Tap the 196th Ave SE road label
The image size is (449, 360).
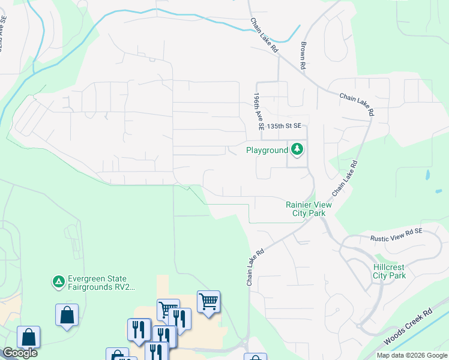(259, 112)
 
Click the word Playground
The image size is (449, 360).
(267, 150)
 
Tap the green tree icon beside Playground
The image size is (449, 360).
(297, 149)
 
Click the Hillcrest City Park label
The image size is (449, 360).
(389, 271)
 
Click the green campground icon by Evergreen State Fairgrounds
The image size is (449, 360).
(58, 281)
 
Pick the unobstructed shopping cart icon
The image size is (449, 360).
(208, 301)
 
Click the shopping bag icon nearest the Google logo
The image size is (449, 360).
(28, 337)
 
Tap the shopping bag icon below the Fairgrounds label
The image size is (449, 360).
(67, 314)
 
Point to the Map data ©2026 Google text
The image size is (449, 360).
(412, 355)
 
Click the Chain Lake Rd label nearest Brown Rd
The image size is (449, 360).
(264, 34)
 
